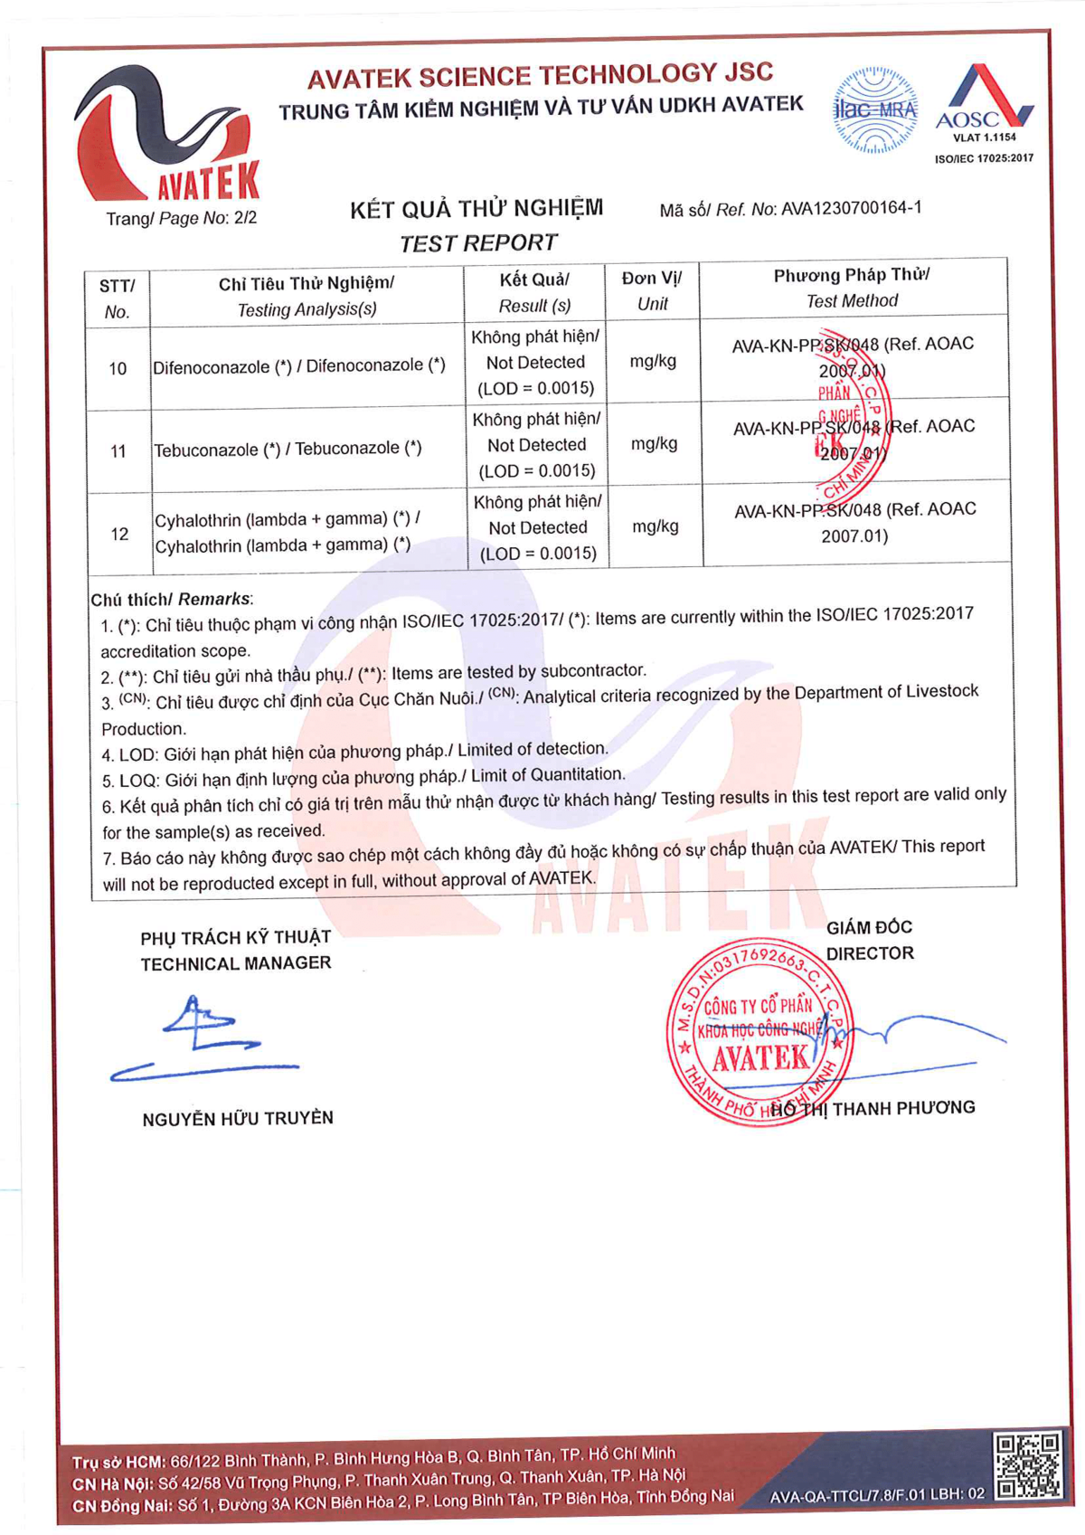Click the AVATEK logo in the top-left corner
(167, 136)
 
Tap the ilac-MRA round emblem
(874, 110)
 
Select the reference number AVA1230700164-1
(851, 208)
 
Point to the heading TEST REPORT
(478, 243)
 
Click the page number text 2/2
(245, 218)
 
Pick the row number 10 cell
(118, 368)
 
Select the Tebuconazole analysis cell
(288, 450)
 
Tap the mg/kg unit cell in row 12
(655, 526)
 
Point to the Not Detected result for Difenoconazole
(535, 363)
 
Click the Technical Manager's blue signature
(204, 1040)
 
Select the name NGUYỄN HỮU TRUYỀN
(238, 1119)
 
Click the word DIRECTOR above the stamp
(870, 953)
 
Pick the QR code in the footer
(1027, 1465)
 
